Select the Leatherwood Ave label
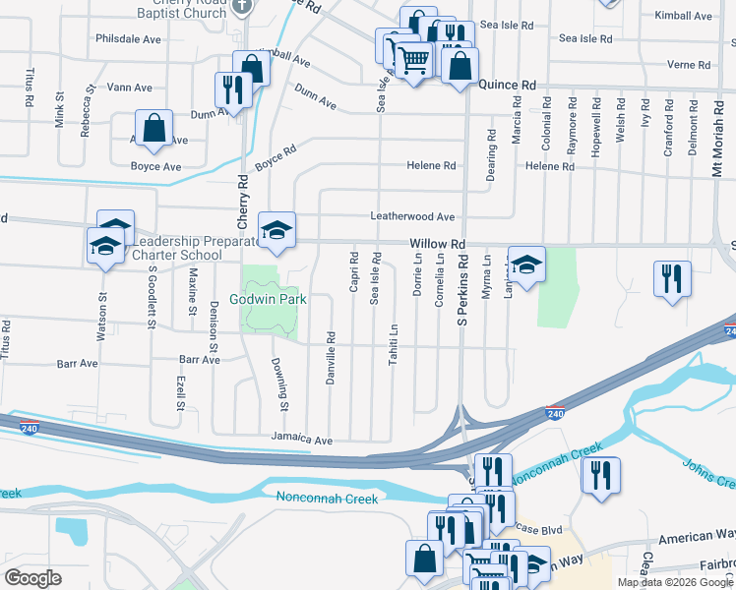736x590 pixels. point(412,216)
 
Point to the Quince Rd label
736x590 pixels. point(507,86)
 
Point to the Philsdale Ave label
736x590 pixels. point(128,39)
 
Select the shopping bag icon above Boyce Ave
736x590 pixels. point(154,128)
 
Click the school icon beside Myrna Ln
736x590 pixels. point(526,265)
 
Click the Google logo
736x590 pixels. point(33,578)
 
